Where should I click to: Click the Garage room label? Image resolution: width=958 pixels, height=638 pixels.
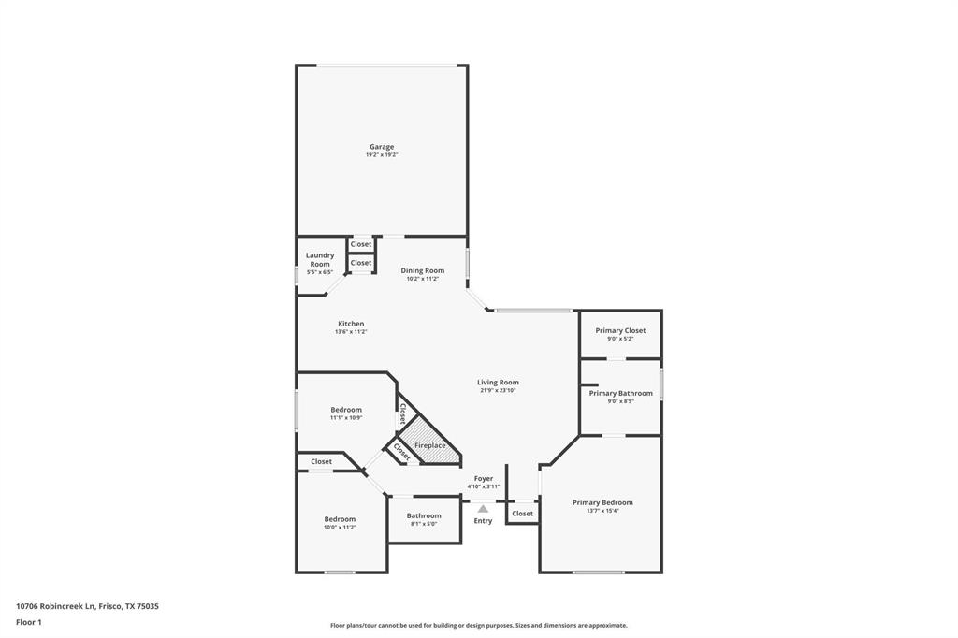tap(382, 147)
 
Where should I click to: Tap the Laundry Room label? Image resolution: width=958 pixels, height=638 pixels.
tap(320, 259)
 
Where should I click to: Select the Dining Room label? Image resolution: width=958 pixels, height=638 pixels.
tap(423, 270)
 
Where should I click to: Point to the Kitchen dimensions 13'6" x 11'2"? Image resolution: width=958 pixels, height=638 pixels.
tap(351, 332)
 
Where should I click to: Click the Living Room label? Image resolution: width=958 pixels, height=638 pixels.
tap(498, 382)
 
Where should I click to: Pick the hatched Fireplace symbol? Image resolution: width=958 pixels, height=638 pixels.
tap(430, 442)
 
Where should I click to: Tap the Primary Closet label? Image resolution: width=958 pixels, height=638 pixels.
tap(620, 330)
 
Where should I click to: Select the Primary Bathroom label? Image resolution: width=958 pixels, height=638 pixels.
tap(620, 393)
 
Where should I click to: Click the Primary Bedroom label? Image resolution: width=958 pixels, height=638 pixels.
tap(602, 502)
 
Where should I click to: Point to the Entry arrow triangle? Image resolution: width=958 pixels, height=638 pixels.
tap(483, 509)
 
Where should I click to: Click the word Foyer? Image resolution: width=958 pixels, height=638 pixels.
tap(483, 478)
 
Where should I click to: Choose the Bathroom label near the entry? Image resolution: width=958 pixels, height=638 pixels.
tap(424, 515)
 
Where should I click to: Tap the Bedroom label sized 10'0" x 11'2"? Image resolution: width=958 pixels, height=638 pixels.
tap(340, 519)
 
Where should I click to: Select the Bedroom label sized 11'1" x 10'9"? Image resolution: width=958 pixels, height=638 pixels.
tap(345, 410)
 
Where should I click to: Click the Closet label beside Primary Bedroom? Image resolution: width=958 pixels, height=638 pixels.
tap(523, 513)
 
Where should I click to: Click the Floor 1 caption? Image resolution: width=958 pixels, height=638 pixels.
tap(29, 622)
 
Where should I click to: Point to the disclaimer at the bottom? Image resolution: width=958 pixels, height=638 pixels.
tap(478, 625)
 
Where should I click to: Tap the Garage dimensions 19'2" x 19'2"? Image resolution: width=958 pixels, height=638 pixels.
tap(382, 154)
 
